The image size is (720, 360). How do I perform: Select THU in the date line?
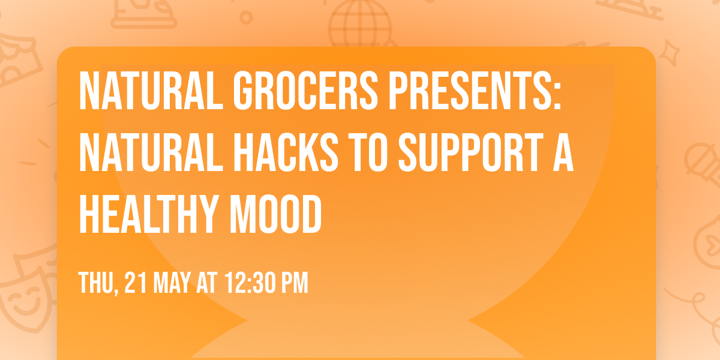point(95,283)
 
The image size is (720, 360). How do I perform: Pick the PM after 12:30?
point(295,283)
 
